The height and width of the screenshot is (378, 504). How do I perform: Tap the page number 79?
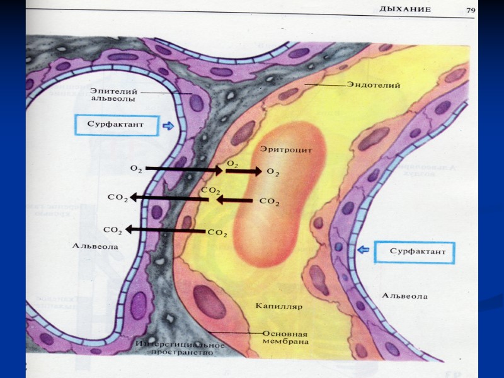[471, 9]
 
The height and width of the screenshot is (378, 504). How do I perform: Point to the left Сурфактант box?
[117, 125]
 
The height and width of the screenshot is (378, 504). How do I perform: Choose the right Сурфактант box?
[413, 251]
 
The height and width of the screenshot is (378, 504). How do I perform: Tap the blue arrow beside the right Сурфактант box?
[363, 251]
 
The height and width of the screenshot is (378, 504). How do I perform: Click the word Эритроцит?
[282, 150]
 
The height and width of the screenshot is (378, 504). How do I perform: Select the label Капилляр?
[279, 307]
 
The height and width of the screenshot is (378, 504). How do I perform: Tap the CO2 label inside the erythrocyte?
[269, 202]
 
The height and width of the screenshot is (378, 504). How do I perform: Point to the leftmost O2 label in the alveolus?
[135, 169]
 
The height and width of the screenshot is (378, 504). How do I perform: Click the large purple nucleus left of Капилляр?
[209, 302]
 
